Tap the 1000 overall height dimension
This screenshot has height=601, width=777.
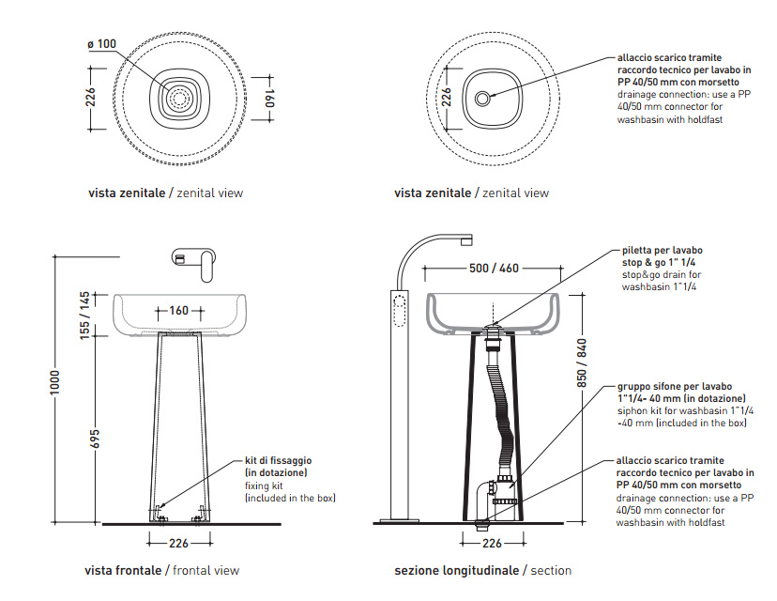55,383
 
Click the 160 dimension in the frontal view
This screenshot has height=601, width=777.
179,310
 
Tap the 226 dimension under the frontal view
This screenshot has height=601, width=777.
179,542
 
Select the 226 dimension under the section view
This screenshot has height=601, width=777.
492,542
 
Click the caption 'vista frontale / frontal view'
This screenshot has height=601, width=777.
162,570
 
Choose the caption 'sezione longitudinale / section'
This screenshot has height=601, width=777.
482,570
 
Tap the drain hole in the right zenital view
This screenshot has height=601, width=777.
482,97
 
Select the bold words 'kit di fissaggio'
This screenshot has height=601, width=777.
278,461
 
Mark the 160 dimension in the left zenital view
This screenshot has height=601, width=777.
268,97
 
